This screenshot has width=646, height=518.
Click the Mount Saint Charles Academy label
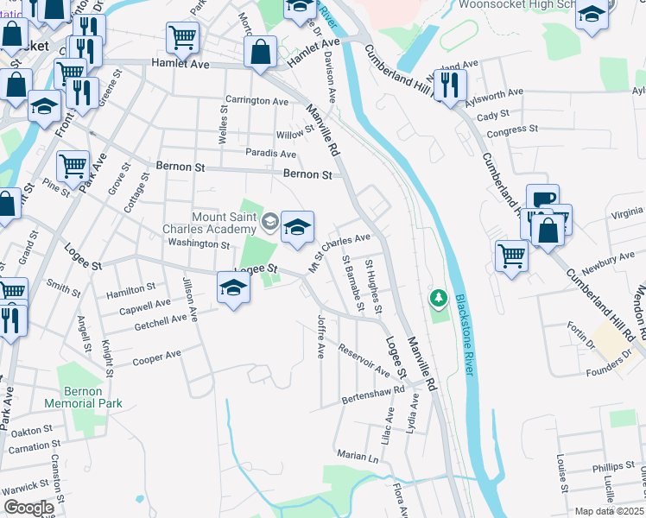tap(212, 223)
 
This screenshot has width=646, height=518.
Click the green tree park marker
tap(439, 299)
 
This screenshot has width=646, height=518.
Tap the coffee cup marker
tap(542, 199)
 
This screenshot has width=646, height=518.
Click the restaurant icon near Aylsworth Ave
tap(449, 84)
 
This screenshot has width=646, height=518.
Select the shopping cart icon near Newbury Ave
tap(511, 255)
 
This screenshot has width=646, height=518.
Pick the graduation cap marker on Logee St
tap(232, 287)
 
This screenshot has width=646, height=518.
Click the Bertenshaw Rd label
tap(374, 395)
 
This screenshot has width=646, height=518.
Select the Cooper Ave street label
tap(156, 357)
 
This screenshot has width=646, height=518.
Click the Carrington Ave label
tap(257, 101)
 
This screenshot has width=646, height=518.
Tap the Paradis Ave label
tap(270, 154)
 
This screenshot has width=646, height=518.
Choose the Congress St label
tap(512, 130)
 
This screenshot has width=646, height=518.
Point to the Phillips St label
tap(614, 467)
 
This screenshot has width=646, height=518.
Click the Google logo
tap(28, 508)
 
